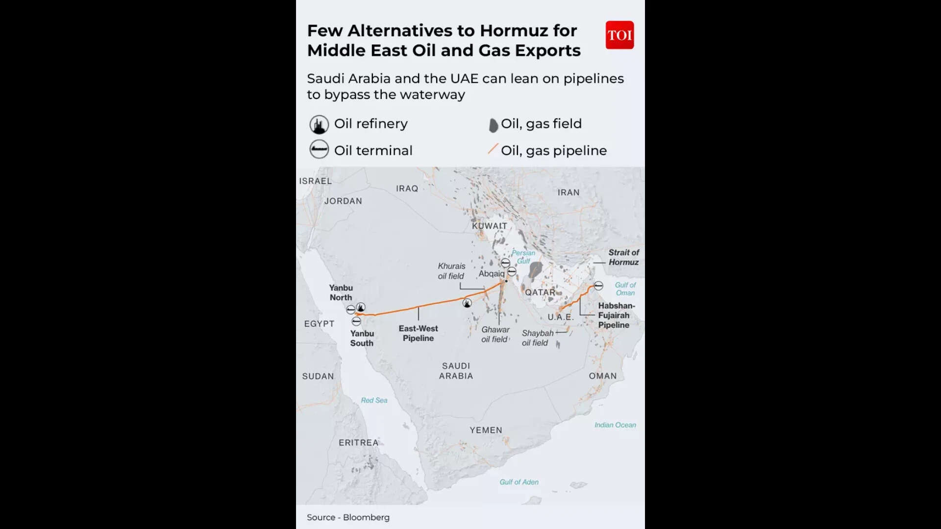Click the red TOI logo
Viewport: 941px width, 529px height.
[x=619, y=35]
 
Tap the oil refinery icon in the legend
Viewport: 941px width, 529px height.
[x=319, y=124]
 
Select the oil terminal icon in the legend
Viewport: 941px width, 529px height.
[x=319, y=149]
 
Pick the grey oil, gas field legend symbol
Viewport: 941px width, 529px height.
[x=493, y=125]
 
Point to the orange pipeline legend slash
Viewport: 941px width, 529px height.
[x=493, y=149]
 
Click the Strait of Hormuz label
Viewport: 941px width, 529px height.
[x=623, y=257]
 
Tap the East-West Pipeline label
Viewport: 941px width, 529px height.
[x=418, y=333]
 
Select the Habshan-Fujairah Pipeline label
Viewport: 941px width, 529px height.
[x=616, y=315]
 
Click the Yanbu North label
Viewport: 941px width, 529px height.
[x=341, y=292]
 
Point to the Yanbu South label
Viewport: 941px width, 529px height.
[x=362, y=338]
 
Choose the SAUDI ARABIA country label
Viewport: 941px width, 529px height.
[x=456, y=371]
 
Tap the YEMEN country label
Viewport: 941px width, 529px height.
[x=486, y=430]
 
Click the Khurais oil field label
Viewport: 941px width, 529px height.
[x=451, y=271]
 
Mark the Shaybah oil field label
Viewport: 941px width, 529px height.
[x=537, y=338]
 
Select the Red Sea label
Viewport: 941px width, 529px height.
[x=374, y=400]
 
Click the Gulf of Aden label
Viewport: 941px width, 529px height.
[x=519, y=482]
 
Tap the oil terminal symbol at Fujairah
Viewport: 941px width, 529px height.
[x=598, y=286]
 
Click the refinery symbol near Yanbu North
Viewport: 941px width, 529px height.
[x=361, y=307]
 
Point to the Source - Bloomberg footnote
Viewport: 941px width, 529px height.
[x=348, y=517]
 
